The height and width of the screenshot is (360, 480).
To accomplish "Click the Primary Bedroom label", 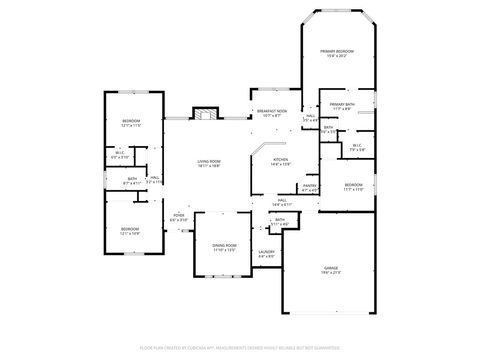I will (x=337, y=53).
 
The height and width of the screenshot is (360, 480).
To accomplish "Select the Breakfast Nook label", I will (x=272, y=113).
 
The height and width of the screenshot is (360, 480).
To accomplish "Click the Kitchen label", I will (x=281, y=161).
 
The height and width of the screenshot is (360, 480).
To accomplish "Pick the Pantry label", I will (x=310, y=187).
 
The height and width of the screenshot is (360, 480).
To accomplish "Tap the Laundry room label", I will (x=266, y=254).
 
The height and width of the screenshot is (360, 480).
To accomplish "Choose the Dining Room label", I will (x=224, y=247).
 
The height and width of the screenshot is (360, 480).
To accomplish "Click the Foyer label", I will (x=179, y=217).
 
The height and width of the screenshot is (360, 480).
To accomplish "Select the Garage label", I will (x=330, y=270).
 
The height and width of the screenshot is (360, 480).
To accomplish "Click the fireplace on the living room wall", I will (x=205, y=112).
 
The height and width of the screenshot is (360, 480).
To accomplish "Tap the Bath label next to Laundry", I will (x=281, y=222).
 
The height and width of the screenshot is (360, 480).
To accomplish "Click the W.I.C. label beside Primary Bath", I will (x=356, y=147).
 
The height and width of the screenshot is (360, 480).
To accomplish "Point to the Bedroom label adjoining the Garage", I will (x=353, y=187).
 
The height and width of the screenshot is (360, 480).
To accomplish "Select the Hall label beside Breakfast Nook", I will (x=310, y=118).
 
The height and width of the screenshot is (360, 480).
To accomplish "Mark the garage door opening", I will (x=330, y=313).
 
